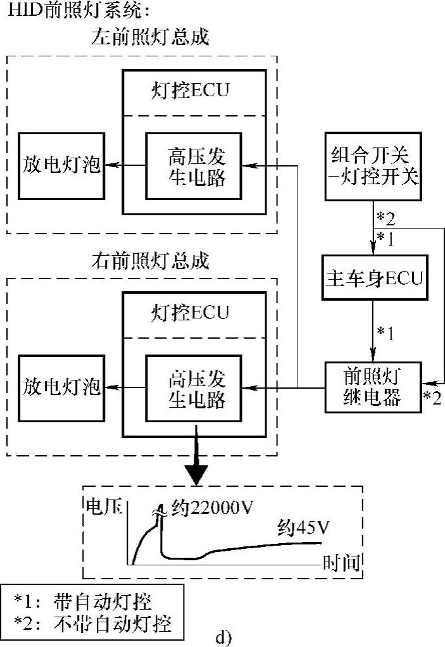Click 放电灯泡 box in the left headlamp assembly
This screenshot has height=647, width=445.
pos(62,166)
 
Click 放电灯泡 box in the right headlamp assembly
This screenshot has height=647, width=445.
pos(62,387)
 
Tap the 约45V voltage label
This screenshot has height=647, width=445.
pos(304,527)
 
